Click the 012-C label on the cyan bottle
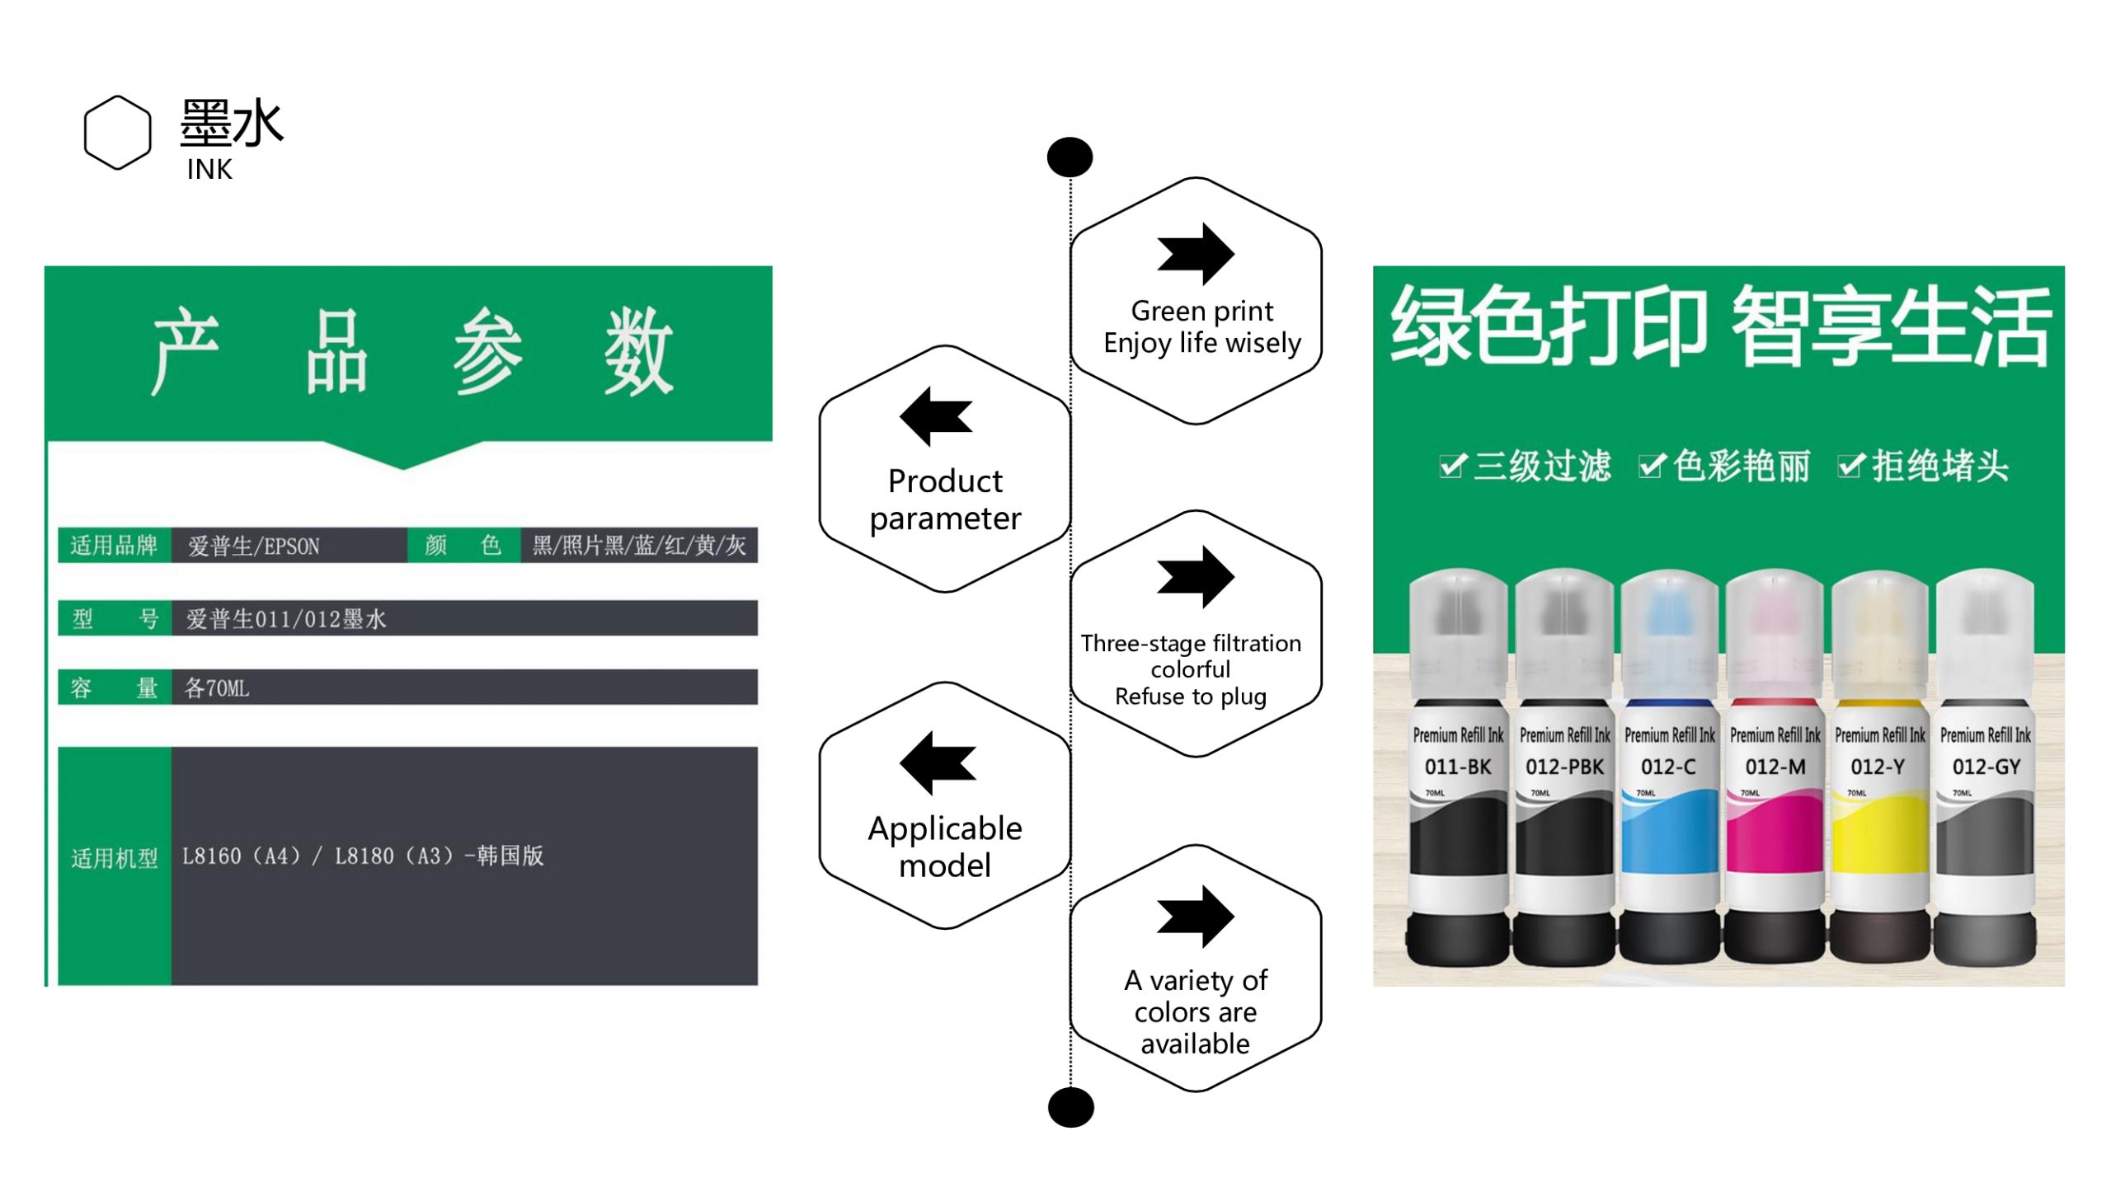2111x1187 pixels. (1667, 767)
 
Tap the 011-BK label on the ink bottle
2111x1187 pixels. (1457, 767)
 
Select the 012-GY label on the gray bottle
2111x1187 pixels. (1985, 767)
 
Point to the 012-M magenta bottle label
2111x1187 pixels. (1775, 767)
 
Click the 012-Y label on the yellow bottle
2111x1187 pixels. (1878, 767)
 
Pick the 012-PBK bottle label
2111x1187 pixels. (1563, 767)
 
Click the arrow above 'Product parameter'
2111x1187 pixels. (936, 416)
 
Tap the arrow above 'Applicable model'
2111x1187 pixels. (938, 762)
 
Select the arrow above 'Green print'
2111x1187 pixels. (1196, 253)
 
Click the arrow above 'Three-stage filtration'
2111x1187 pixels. (1196, 576)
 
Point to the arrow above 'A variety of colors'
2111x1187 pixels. (1196, 916)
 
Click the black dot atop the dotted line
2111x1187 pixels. (1070, 157)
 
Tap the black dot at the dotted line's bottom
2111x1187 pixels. (1070, 1107)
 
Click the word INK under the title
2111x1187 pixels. (209, 170)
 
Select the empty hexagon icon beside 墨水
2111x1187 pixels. (118, 132)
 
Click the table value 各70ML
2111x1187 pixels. (217, 688)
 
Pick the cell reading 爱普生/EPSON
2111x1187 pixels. (253, 547)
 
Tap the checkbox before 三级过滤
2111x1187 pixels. (1452, 467)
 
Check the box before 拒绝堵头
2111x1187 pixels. (1850, 467)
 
